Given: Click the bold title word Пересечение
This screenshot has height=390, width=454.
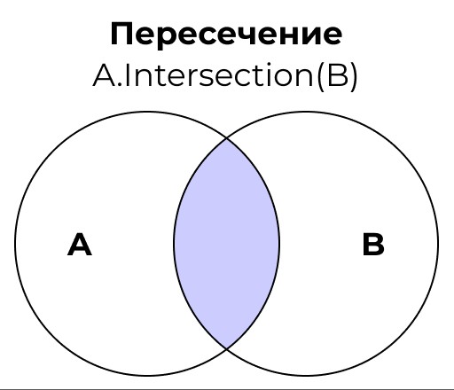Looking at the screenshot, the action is (x=226, y=34).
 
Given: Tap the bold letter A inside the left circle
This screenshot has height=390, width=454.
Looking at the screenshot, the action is (x=80, y=245).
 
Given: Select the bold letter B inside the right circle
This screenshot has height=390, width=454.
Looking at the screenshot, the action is (x=373, y=245).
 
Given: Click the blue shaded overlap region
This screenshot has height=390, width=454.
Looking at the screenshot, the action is (x=226, y=244).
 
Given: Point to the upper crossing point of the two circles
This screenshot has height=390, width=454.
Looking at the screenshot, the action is (x=226, y=138).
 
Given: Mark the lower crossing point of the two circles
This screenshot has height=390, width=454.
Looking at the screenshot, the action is (x=226, y=349).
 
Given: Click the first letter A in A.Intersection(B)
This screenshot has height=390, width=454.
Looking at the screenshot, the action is (x=105, y=75).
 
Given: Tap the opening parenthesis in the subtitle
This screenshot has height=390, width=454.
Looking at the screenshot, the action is (x=321, y=76).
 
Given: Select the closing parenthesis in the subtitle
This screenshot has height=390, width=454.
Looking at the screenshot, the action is (x=354, y=76).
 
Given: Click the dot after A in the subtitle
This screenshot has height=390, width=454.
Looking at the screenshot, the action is (x=120, y=84).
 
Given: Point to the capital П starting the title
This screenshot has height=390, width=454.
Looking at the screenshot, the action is (x=121, y=34).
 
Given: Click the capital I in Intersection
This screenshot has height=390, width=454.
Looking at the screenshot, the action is (x=128, y=75).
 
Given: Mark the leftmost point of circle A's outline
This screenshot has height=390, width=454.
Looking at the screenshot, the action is (x=15, y=244).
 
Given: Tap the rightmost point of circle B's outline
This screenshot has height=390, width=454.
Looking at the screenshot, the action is (x=438, y=244).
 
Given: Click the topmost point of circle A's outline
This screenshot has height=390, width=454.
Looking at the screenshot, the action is (x=147, y=112).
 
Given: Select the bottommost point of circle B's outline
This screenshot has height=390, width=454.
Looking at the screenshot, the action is (x=306, y=376).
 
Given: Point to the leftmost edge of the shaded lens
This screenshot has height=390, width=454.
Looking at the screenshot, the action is (x=174, y=244).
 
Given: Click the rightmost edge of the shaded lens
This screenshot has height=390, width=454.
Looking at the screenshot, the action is (x=279, y=244).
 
